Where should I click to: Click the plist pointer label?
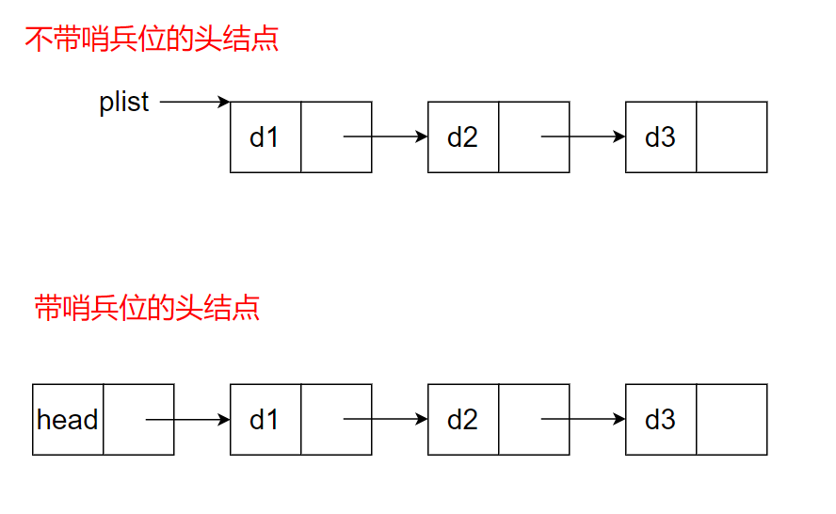pyautogui.click(x=123, y=102)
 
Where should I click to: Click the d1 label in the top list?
pyautogui.click(x=265, y=137)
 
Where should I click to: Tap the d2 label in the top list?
pyautogui.click(x=462, y=137)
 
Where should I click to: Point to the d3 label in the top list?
pyautogui.click(x=660, y=137)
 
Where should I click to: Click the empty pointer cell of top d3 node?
pyautogui.click(x=731, y=137)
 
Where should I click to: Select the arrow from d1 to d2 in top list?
pyautogui.click(x=386, y=137)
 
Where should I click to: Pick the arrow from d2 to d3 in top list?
pyautogui.click(x=584, y=137)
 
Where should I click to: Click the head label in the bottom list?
pyautogui.click(x=67, y=420)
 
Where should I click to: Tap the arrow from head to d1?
pyautogui.click(x=188, y=420)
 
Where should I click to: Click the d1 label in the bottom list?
pyautogui.click(x=265, y=420)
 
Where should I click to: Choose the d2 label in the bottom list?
pyautogui.click(x=462, y=420)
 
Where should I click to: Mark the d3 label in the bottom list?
pyautogui.click(x=660, y=420)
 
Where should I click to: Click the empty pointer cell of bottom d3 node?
pyautogui.click(x=731, y=420)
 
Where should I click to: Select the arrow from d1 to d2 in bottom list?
pyautogui.click(x=386, y=420)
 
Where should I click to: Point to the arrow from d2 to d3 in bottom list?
pyautogui.click(x=584, y=420)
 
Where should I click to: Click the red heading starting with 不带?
pyautogui.click(x=152, y=40)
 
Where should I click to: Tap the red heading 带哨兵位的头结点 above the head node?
pyautogui.click(x=147, y=308)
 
